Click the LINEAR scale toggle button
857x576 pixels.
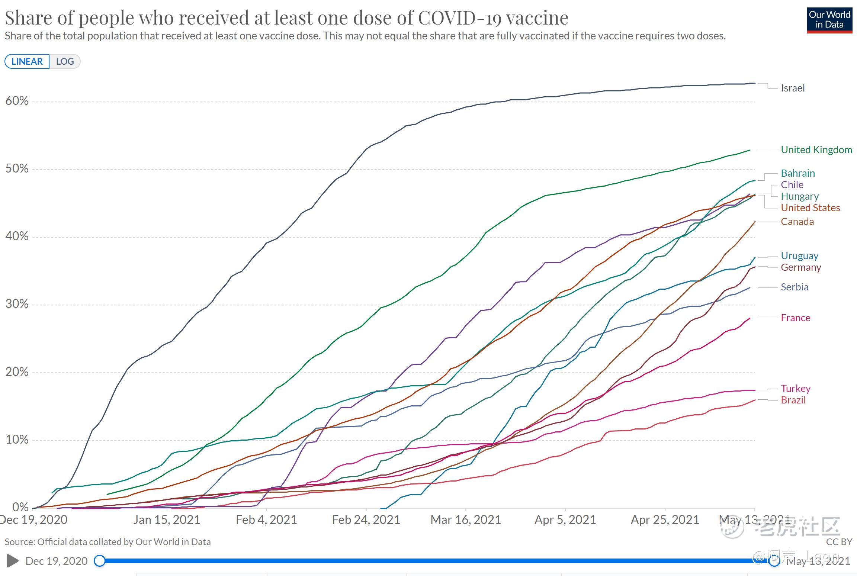pyautogui.click(x=27, y=61)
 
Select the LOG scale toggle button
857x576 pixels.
pyautogui.click(x=65, y=61)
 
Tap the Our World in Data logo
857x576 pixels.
pyautogui.click(x=829, y=20)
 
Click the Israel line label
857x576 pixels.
pyautogui.click(x=792, y=88)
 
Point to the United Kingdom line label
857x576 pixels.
pyautogui.click(x=816, y=150)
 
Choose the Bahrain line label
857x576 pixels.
pyautogui.click(x=797, y=173)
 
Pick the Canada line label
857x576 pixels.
pyautogui.click(x=797, y=222)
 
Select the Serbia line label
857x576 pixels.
pyautogui.click(x=795, y=287)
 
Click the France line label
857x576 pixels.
pyautogui.click(x=795, y=318)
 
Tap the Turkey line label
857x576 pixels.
pyautogui.click(x=795, y=389)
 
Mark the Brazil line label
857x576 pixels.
pyautogui.click(x=793, y=400)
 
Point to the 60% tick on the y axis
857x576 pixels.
pyautogui.click(x=17, y=101)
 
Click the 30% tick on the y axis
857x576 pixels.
pyautogui.click(x=17, y=304)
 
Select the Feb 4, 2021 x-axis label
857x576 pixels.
pyautogui.click(x=266, y=519)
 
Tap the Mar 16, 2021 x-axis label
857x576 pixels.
pyautogui.click(x=466, y=519)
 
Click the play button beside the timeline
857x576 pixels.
pyautogui.click(x=13, y=561)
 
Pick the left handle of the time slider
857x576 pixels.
pyautogui.click(x=100, y=561)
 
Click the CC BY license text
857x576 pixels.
pyautogui.click(x=839, y=542)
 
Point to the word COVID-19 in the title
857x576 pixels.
pyautogui.click(x=493, y=17)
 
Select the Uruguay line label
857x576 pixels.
pyautogui.click(x=799, y=256)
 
